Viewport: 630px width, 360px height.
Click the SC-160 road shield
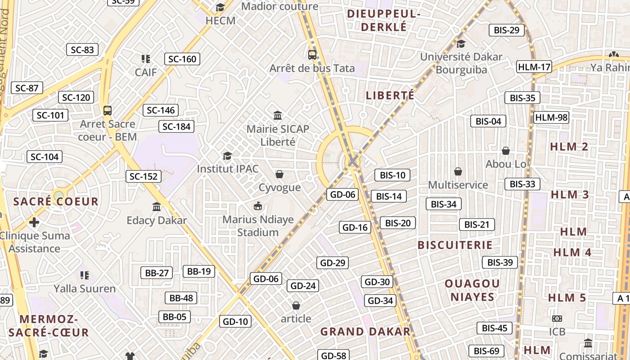tap(182, 59)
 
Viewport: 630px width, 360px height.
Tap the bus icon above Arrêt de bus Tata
tap(312, 55)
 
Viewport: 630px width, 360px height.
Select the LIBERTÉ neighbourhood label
tap(390, 95)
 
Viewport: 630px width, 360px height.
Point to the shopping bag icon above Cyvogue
tap(279, 174)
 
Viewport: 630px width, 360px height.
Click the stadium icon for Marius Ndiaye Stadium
tap(258, 206)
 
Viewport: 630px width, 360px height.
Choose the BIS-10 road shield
tap(392, 175)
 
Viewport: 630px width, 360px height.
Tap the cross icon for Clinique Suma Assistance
tap(34, 222)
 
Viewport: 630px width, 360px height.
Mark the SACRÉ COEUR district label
tap(56, 201)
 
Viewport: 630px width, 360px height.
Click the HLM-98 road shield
tap(551, 118)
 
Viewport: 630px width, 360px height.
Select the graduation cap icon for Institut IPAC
tap(227, 156)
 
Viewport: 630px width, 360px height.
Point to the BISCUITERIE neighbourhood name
tap(455, 245)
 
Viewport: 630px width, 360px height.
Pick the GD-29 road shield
tap(333, 263)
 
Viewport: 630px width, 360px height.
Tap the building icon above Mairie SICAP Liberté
tap(278, 116)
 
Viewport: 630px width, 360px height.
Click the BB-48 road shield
tap(181, 298)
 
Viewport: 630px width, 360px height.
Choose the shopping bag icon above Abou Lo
tap(506, 150)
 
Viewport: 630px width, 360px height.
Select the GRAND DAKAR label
tap(365, 332)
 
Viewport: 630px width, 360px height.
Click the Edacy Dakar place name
tap(157, 220)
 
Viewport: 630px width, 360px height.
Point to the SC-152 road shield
tap(143, 176)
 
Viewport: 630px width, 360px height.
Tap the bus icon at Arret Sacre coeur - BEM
tap(107, 111)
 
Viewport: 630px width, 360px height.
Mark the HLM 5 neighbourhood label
tap(567, 297)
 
